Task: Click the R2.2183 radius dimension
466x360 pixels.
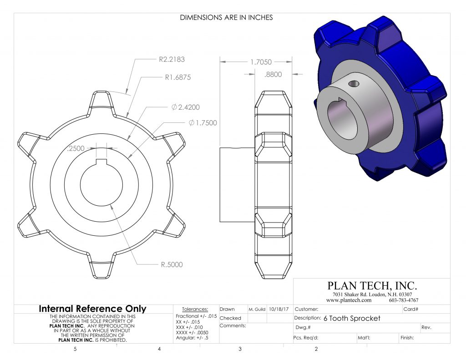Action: pos(172,59)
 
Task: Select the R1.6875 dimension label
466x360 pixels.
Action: pos(177,77)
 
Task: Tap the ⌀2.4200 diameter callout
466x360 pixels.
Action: pos(186,107)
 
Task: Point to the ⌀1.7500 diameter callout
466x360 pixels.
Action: pos(203,123)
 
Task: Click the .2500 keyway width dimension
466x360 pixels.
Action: pos(76,148)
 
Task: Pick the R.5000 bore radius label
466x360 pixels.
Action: pos(171,264)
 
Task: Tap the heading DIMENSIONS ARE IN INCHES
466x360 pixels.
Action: pos(226,18)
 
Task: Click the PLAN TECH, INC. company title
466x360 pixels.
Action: pos(372,286)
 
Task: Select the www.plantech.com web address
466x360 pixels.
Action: pos(349,300)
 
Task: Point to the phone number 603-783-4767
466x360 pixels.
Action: pos(404,300)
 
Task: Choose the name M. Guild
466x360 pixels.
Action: pos(257,309)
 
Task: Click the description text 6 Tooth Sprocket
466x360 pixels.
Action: pos(352,318)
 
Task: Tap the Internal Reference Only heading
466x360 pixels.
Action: pos(92,309)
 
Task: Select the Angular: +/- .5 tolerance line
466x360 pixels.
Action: pos(193,340)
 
